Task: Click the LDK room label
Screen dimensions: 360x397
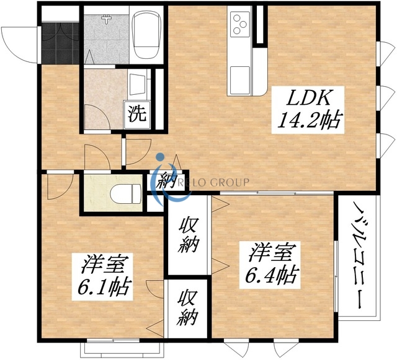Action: click(310, 98)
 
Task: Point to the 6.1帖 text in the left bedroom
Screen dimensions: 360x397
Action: click(103, 286)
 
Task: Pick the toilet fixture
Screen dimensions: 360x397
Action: click(125, 193)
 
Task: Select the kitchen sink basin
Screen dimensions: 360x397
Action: click(239, 78)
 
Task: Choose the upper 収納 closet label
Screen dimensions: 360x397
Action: click(187, 234)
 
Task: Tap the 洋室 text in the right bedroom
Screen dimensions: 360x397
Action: click(271, 252)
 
